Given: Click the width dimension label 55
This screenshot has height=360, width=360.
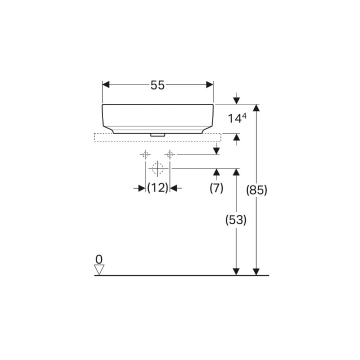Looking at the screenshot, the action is coord(157,85).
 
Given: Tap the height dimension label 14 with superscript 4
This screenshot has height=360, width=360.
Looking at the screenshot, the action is coord(237,118).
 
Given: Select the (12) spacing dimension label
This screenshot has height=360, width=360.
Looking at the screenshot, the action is coord(157,188).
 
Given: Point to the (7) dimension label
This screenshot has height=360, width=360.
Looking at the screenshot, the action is coord(216,188).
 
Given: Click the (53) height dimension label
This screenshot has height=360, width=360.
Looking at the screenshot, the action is coord(236,220).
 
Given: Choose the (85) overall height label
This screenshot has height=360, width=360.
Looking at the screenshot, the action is coord(256,190).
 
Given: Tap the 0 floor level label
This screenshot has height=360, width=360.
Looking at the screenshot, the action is coord(99,259).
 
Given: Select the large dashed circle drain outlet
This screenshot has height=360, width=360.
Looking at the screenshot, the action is coord(157,168).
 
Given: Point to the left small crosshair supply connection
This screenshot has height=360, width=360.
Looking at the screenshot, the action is coord(145,154).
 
